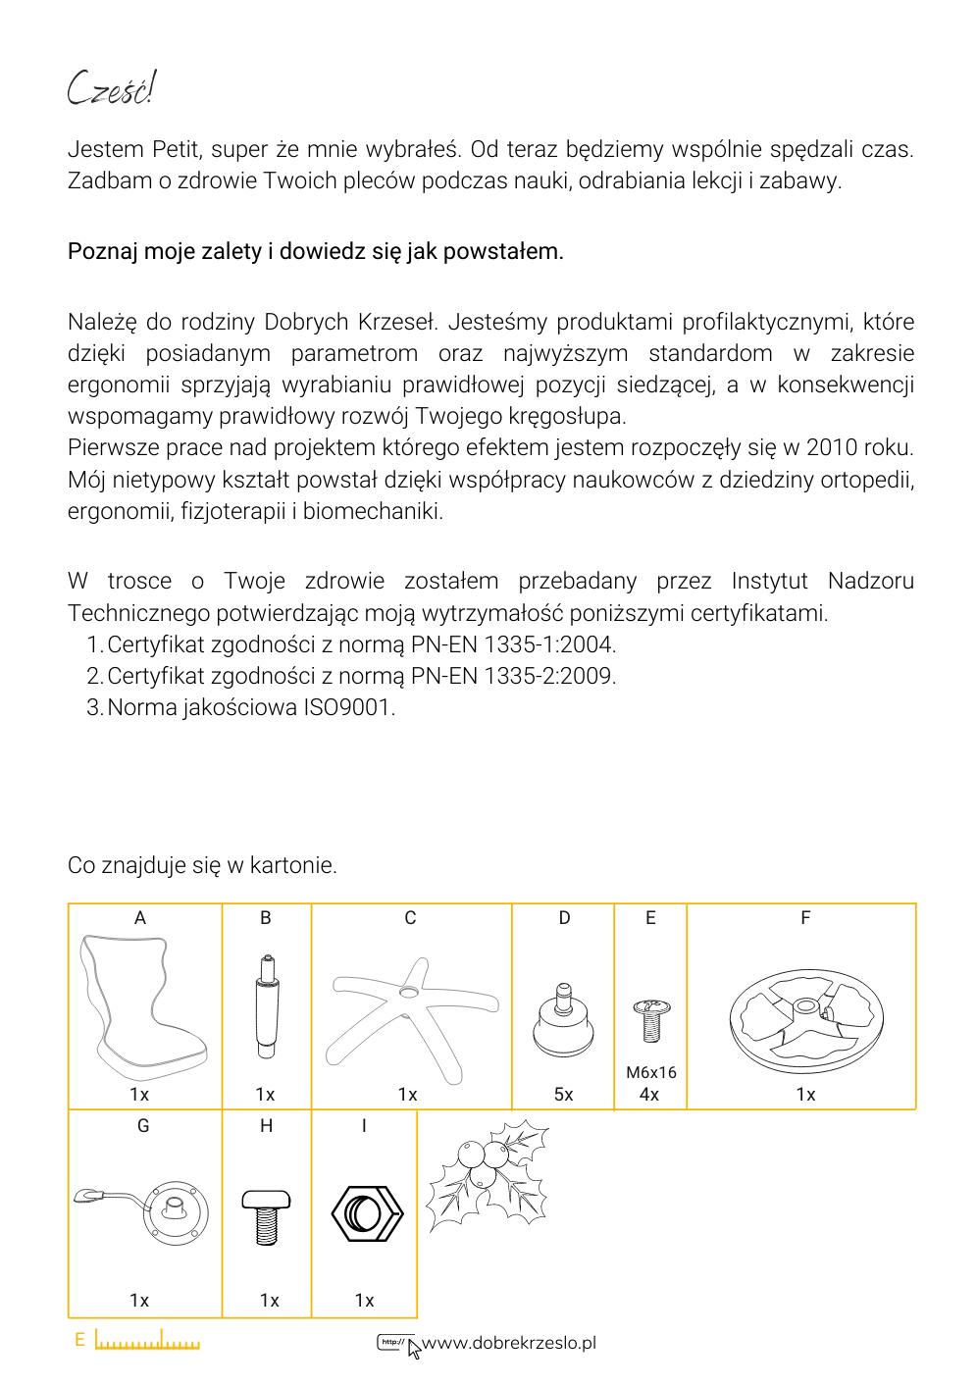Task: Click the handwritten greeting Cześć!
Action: pos(111,90)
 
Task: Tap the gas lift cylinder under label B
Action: pos(266,1006)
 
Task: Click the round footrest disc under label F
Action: pos(802,1012)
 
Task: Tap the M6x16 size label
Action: pos(650,1073)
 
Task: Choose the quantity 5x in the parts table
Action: pos(563,1095)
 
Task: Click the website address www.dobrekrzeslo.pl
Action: pos(508,1343)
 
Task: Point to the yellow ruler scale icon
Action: pos(147,1341)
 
